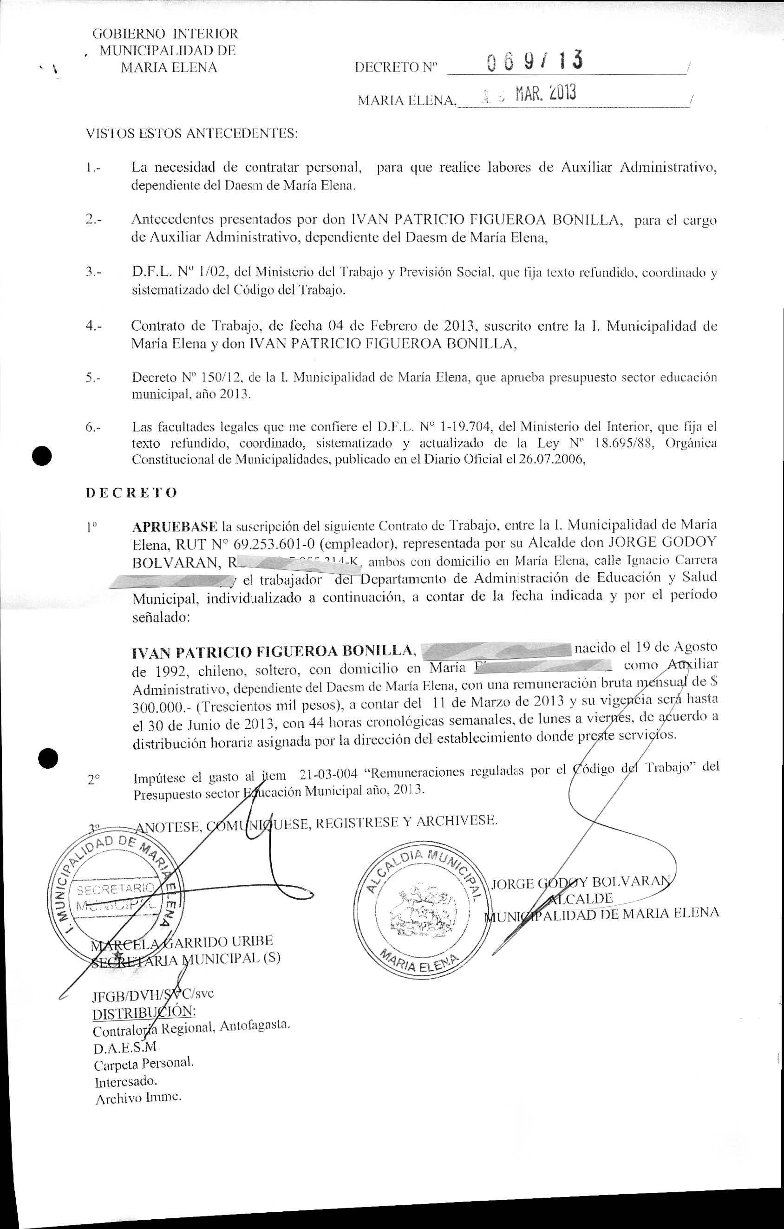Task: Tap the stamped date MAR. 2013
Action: tap(546, 94)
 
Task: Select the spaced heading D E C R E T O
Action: tap(132, 492)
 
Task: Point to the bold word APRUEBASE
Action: tap(175, 526)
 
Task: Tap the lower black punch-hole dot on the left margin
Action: tap(48, 758)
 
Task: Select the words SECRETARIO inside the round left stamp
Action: tap(114, 890)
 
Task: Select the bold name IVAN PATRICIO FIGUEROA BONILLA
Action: tap(272, 652)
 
